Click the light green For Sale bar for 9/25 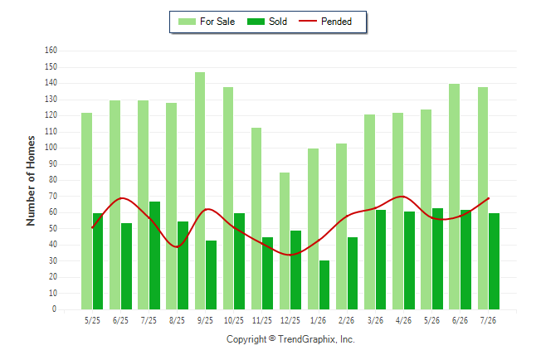click(x=200, y=191)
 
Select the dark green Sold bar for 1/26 click(x=324, y=285)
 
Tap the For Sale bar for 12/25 click(x=285, y=241)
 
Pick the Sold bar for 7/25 click(x=155, y=255)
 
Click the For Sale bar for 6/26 click(x=455, y=197)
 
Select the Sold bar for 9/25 click(x=212, y=275)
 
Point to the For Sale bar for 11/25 click(x=256, y=219)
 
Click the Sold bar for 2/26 click(x=353, y=274)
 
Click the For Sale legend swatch click(x=187, y=22)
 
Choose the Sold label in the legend click(x=278, y=22)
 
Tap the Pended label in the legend click(x=336, y=22)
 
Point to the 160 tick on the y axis click(x=51, y=51)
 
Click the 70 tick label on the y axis click(x=53, y=197)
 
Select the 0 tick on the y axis click(x=55, y=309)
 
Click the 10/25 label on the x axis click(x=234, y=321)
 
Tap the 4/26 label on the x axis click(x=403, y=321)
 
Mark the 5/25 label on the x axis click(x=92, y=321)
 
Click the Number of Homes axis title click(x=31, y=181)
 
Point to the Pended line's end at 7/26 click(x=489, y=198)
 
